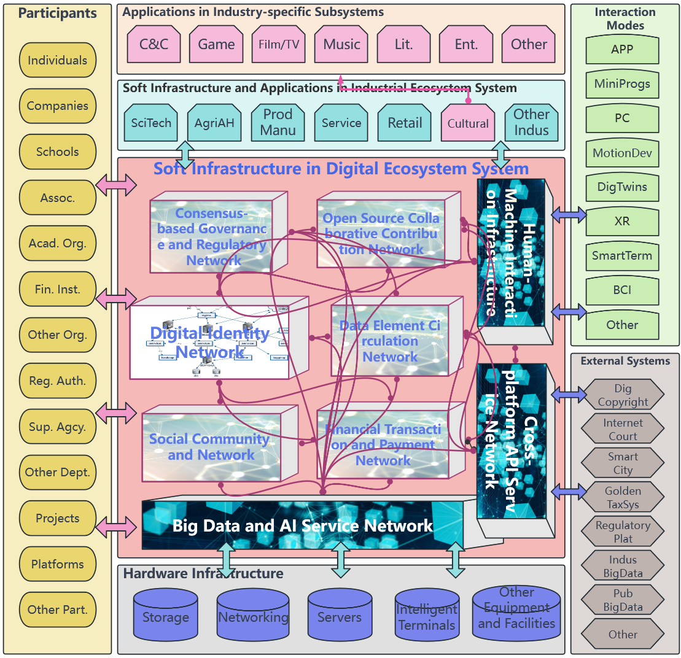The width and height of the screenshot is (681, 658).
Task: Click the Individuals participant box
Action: (58, 60)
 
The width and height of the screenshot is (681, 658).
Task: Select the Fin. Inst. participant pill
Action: (58, 289)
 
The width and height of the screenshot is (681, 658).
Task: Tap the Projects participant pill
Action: (58, 518)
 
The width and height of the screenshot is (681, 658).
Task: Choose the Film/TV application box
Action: (279, 44)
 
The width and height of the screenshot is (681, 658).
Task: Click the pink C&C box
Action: (154, 44)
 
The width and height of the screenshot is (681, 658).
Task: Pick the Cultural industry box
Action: (468, 123)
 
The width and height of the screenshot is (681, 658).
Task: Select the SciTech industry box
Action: (151, 123)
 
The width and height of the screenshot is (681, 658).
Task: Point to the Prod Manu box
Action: (278, 122)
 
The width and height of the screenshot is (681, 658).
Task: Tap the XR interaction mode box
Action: (622, 221)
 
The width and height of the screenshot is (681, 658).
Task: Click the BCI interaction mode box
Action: (622, 290)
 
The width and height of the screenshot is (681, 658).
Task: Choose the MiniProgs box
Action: (622, 83)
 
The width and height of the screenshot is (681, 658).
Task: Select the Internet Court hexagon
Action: (623, 430)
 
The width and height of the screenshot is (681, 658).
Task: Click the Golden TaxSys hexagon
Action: (623, 498)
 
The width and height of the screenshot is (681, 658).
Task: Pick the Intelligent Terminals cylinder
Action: (426, 617)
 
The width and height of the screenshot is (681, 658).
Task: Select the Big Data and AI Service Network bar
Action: (303, 525)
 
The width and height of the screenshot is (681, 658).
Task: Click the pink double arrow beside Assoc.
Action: (116, 185)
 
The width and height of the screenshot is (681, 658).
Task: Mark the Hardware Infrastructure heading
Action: (203, 573)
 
